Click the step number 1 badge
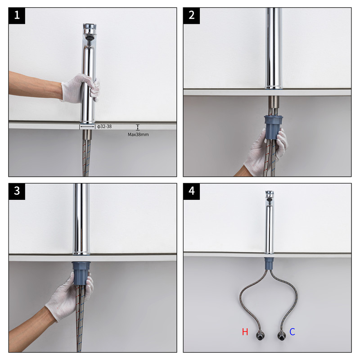(x=17, y=16)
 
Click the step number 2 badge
(x=192, y=16)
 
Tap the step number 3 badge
(x=17, y=191)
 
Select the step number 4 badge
(x=192, y=191)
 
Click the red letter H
(x=245, y=332)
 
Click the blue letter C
(x=292, y=332)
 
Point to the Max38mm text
(x=138, y=135)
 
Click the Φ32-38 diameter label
(x=104, y=126)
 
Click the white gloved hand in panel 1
(x=81, y=88)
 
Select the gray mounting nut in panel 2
(x=273, y=127)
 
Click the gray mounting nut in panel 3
(x=81, y=273)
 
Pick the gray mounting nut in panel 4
(x=269, y=263)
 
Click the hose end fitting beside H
(x=260, y=336)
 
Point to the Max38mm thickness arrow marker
(x=138, y=127)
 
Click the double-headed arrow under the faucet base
(x=87, y=126)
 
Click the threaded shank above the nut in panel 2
(x=274, y=106)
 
